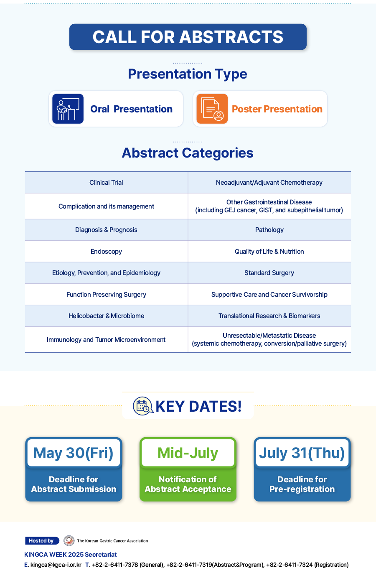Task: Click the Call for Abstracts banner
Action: pos(188,37)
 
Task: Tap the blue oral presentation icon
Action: pos(68,109)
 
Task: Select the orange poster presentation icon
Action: pos(212,109)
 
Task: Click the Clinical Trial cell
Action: pos(107,182)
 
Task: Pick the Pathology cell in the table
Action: pos(269,230)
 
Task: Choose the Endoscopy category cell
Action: pos(107,251)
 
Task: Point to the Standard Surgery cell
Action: pos(269,272)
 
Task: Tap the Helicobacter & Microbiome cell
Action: pos(107,316)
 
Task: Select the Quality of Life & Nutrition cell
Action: pos(269,251)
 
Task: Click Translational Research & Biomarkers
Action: pos(269,316)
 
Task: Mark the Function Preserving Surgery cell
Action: pos(107,294)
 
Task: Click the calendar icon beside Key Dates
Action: pos(143,406)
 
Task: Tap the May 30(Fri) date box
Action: pos(74,453)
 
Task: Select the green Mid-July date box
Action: pos(188,453)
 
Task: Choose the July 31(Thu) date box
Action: pos(302,453)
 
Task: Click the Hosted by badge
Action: pos(42,540)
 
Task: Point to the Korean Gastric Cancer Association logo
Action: pos(69,540)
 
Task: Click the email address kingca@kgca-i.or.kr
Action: pos(56,565)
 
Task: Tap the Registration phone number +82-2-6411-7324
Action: pos(290,565)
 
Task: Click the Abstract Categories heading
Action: pos(188,153)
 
